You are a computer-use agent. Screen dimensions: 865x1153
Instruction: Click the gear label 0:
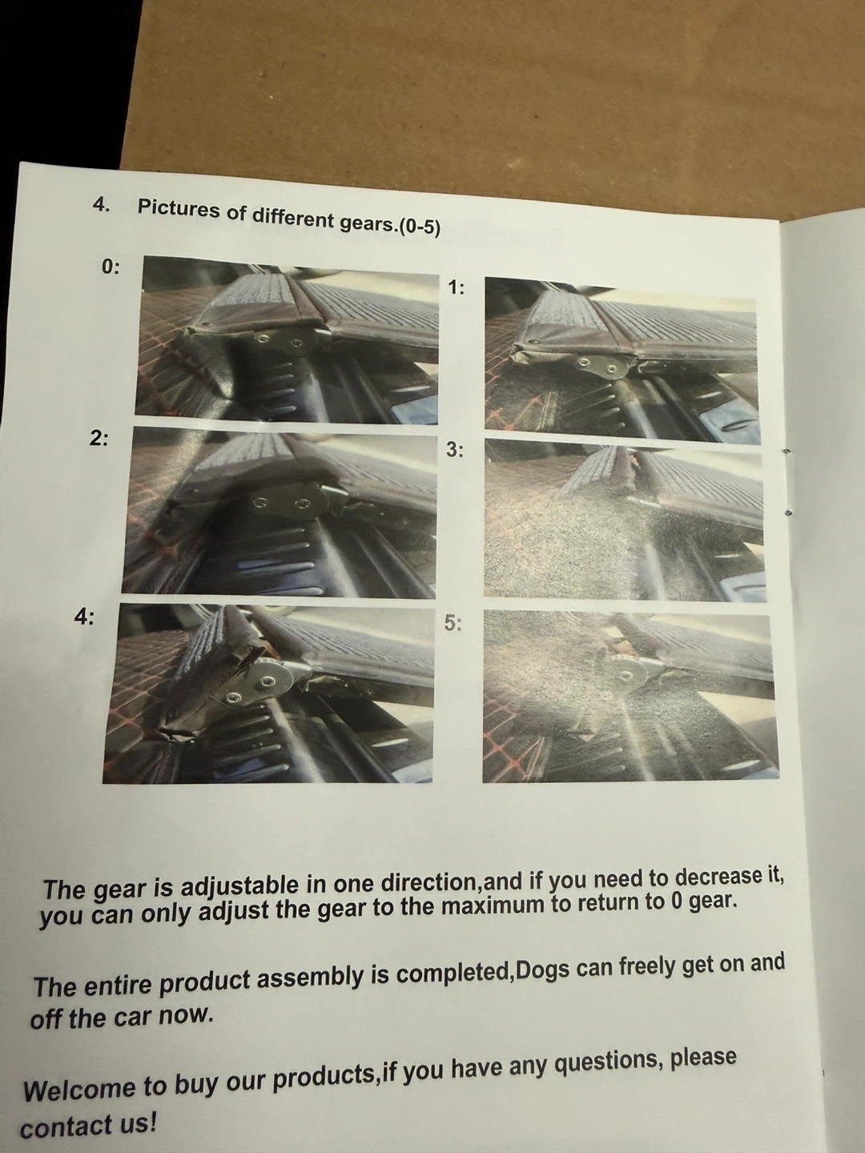pyautogui.click(x=111, y=267)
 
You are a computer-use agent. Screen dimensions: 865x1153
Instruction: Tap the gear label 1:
pyautogui.click(x=456, y=287)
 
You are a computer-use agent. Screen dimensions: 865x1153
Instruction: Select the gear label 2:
pyautogui.click(x=99, y=438)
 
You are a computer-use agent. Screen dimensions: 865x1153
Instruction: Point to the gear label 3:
pyautogui.click(x=454, y=450)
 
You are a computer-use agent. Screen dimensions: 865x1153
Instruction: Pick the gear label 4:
pyautogui.click(x=84, y=617)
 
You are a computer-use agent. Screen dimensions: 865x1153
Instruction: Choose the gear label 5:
pyautogui.click(x=453, y=622)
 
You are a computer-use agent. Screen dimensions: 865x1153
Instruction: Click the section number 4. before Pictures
pyautogui.click(x=102, y=204)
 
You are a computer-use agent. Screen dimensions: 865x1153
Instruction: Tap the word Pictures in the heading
pyautogui.click(x=179, y=210)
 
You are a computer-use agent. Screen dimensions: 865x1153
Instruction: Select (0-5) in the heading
pyautogui.click(x=419, y=227)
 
